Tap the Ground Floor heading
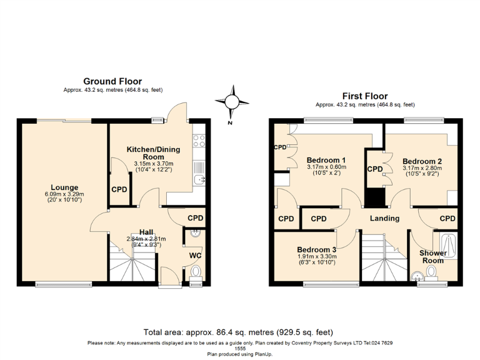point(112,81)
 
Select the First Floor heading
point(364,96)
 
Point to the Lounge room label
point(64,187)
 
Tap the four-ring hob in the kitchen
point(199,142)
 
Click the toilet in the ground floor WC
point(196,272)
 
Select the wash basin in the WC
point(194,234)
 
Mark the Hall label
point(146,232)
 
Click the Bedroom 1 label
point(326,160)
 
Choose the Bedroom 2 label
point(422,160)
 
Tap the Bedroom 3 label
point(316,249)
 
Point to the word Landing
point(384,218)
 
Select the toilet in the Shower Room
point(431,272)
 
